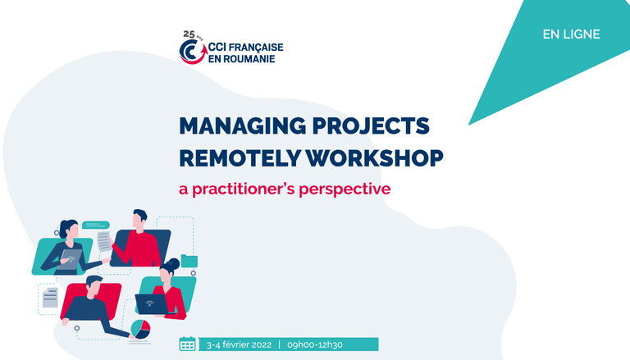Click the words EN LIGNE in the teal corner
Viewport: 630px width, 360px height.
coord(571,34)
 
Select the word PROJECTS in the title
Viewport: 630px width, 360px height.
coord(371,125)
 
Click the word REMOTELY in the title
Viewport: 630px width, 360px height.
coord(240,157)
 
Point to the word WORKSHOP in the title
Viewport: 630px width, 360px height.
coord(374,157)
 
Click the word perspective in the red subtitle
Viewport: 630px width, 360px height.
coord(345,189)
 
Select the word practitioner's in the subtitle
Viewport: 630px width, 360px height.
coord(244,189)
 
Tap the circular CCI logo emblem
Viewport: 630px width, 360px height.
coord(193,52)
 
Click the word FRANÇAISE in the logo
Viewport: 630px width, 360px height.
coord(256,48)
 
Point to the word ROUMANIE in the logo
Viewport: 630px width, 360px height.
coord(249,59)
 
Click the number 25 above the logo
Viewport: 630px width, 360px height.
coord(189,34)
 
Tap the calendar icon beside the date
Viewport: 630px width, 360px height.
coord(187,344)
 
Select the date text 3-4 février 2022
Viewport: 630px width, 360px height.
coord(239,344)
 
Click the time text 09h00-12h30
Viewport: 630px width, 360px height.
coord(315,344)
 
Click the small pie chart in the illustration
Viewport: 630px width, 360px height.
coord(140,329)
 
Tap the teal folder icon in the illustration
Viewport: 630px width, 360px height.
coord(189,261)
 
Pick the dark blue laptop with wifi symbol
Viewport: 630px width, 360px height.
coord(151,304)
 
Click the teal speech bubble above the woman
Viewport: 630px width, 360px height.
coord(96,225)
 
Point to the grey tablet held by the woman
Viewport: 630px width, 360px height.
coord(70,260)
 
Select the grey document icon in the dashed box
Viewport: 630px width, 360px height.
coord(50,298)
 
